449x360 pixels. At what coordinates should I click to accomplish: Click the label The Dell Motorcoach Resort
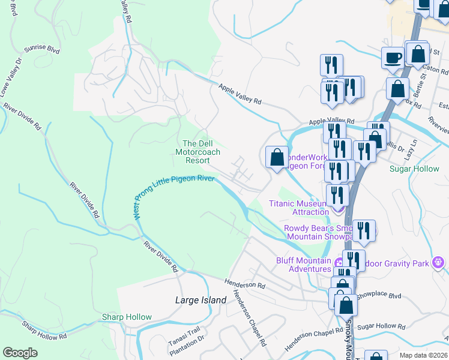[197, 152]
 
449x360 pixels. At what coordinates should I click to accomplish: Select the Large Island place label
[200, 300]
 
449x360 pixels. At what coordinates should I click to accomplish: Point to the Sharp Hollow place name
[127, 317]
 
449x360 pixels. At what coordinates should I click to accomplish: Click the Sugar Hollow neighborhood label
[414, 169]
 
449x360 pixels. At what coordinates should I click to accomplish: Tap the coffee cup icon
[393, 58]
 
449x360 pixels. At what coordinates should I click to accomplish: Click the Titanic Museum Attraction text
[298, 208]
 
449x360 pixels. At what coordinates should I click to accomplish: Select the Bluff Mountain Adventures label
[303, 265]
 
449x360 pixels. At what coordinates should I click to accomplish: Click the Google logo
[20, 353]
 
